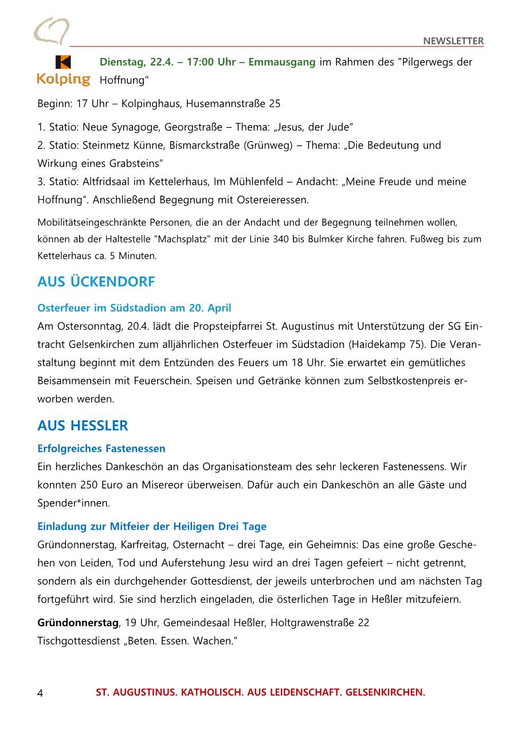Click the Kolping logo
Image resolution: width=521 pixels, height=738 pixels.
click(x=64, y=71)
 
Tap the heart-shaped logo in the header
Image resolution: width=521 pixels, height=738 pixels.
click(x=51, y=31)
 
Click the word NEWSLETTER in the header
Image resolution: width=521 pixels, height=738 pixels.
click(x=453, y=41)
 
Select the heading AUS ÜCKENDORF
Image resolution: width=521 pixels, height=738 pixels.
click(x=96, y=282)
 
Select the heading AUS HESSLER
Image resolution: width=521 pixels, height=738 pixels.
click(x=83, y=426)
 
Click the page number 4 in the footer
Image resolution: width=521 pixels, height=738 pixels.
click(x=40, y=693)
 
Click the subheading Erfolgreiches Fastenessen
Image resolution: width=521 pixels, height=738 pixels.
click(x=101, y=448)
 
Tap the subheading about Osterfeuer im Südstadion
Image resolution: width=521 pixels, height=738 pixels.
click(x=134, y=308)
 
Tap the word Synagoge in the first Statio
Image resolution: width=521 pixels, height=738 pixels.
click(x=130, y=127)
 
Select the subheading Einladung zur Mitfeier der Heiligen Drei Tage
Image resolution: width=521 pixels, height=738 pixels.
click(x=152, y=526)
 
